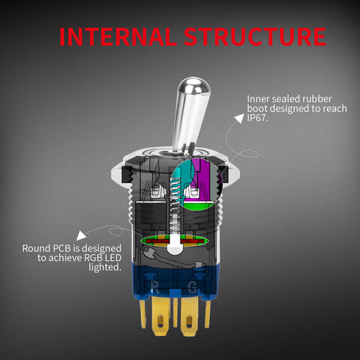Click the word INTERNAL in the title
(x=117, y=37)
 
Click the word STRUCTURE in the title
(x=255, y=37)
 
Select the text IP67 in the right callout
(x=257, y=118)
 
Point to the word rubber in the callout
(x=317, y=99)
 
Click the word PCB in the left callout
(x=63, y=248)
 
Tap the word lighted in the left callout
(x=105, y=267)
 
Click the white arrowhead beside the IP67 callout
(x=239, y=118)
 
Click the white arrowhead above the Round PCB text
(x=81, y=235)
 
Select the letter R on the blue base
(x=155, y=286)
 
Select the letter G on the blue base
(x=192, y=287)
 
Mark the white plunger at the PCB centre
(x=174, y=244)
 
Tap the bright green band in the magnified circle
(x=199, y=206)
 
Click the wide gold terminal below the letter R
(x=162, y=316)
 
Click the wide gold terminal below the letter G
(x=190, y=316)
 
